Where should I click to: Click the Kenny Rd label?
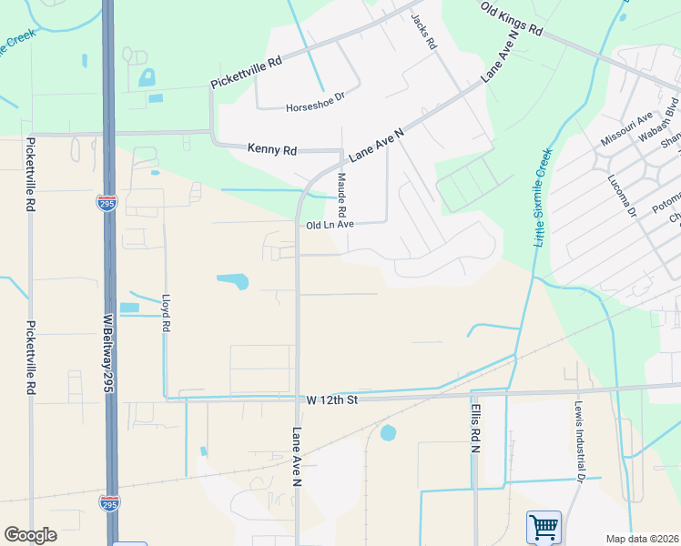click(272, 148)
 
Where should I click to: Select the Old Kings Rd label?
click(511, 18)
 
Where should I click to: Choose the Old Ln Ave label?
click(329, 225)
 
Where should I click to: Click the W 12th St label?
click(334, 399)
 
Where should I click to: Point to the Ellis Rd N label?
click(474, 430)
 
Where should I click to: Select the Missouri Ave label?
click(626, 129)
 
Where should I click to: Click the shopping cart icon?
click(544, 526)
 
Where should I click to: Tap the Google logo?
click(30, 535)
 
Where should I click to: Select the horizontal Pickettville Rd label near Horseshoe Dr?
click(247, 71)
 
